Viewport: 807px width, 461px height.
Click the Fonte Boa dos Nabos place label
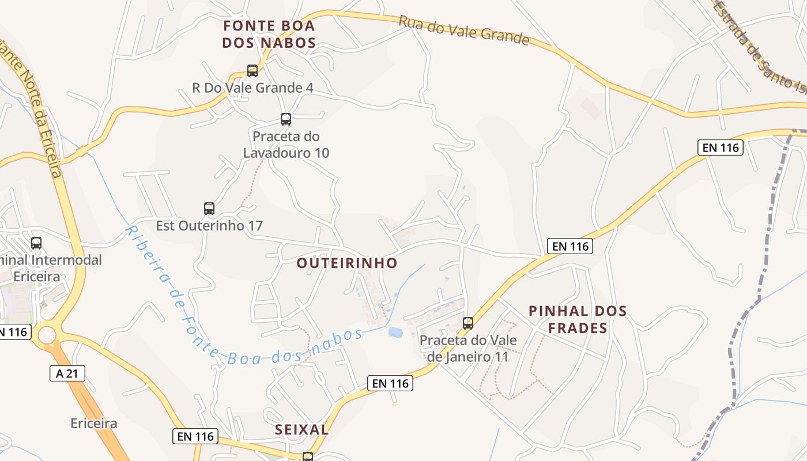click(269, 34)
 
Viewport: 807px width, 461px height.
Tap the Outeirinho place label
click(347, 263)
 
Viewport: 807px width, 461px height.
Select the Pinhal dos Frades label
click(578, 319)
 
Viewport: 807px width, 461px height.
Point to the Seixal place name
click(302, 429)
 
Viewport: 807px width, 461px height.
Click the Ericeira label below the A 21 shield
click(94, 424)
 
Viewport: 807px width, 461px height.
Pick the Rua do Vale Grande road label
click(463, 30)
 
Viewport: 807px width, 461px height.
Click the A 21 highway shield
click(67, 373)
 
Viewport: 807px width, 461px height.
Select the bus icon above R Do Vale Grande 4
click(252, 71)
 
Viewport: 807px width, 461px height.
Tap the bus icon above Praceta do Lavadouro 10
click(286, 119)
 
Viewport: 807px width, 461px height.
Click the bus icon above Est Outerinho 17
click(209, 208)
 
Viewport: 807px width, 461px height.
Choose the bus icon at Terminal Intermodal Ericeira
click(36, 243)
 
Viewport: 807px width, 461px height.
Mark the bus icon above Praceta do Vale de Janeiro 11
click(468, 323)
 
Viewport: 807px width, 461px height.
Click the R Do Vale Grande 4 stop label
click(252, 88)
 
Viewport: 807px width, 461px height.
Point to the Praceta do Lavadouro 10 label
click(286, 145)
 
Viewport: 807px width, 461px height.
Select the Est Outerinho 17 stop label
click(209, 225)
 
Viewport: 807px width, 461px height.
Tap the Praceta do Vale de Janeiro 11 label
click(468, 348)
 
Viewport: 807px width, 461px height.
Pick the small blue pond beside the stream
click(396, 332)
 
